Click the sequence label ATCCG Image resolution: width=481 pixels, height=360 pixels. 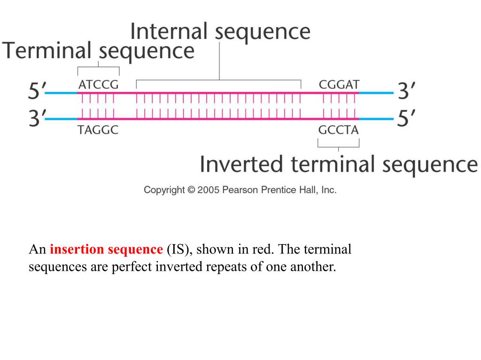[98, 85]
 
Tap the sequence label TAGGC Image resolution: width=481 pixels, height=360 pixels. [98, 130]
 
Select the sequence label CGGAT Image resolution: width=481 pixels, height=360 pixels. [339, 85]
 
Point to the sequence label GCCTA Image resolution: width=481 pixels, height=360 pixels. [338, 130]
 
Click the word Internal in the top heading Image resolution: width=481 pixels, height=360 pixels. [169, 32]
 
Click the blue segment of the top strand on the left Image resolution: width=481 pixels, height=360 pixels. [61, 93]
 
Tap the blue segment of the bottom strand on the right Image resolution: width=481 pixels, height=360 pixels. [376, 119]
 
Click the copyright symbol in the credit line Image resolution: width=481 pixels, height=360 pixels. [191, 190]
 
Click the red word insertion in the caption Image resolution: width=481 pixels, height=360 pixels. [78, 249]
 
